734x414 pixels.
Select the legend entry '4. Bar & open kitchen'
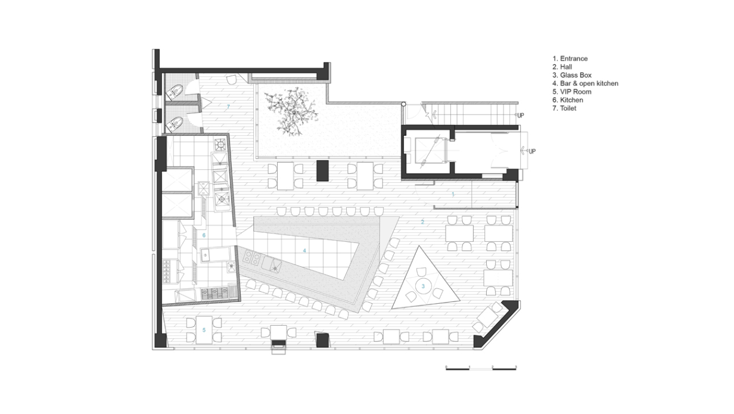585,84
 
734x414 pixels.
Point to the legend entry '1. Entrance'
570,59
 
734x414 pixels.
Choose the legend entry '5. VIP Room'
571,92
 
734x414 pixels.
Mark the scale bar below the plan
481,370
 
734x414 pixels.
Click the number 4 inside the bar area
304,251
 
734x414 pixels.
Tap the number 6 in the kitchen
204,235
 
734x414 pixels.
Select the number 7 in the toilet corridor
228,107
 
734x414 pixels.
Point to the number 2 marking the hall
423,222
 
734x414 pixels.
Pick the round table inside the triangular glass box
424,285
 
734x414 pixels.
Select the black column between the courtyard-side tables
322,170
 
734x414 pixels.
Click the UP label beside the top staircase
520,115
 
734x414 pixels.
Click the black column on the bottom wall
322,340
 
